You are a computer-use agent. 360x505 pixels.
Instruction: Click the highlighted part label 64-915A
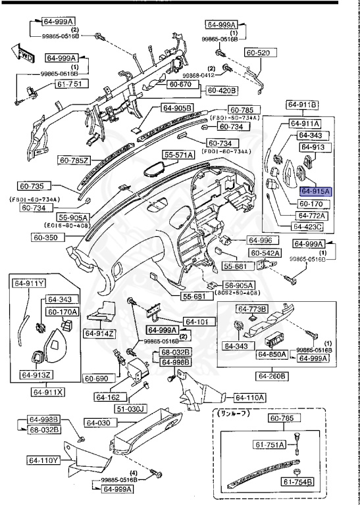coord(316,191)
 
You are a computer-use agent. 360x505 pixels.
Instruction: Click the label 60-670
coord(179,84)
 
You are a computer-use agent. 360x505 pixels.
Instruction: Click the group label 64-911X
coord(47,392)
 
